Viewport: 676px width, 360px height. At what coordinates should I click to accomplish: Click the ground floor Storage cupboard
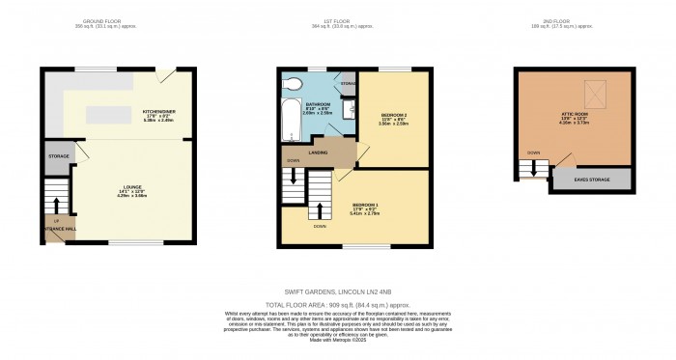point(57,158)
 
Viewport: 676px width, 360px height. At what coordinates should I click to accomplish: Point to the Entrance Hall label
point(56,229)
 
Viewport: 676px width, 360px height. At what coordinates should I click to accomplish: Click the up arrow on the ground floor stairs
point(57,204)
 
